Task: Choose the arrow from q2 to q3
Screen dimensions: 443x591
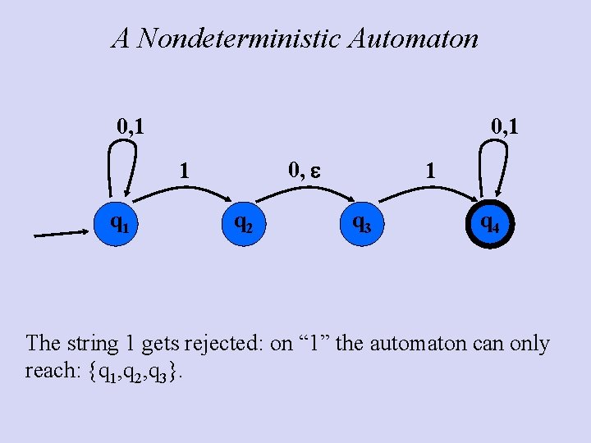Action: (304, 190)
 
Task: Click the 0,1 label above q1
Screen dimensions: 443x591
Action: (131, 127)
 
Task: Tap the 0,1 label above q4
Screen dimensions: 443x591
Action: (504, 127)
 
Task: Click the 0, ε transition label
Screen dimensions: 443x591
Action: (305, 171)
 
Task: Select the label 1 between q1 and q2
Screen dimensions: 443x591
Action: (185, 171)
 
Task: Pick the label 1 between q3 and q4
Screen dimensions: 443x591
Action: (428, 171)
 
